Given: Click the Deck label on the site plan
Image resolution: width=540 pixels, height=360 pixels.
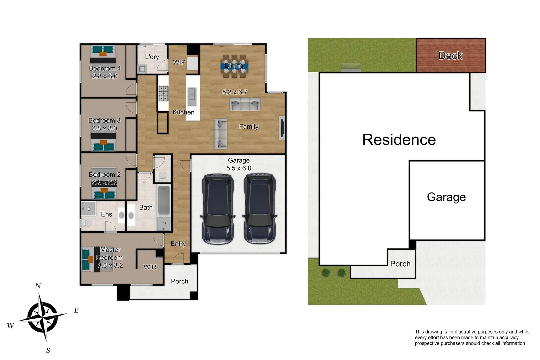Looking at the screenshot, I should pyautogui.click(x=450, y=56).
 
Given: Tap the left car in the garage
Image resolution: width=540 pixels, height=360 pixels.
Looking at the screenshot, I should pyautogui.click(x=218, y=209).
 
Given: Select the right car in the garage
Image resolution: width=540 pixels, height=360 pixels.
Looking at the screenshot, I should pyautogui.click(x=260, y=209).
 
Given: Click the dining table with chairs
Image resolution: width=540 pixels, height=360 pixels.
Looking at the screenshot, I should pyautogui.click(x=234, y=66).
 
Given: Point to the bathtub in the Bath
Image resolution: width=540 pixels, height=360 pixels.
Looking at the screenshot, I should pyautogui.click(x=164, y=200).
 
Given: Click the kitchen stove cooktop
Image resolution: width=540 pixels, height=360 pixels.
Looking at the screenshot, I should pyautogui.click(x=163, y=93).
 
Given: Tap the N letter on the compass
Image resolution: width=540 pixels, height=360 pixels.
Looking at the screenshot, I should pyautogui.click(x=38, y=286).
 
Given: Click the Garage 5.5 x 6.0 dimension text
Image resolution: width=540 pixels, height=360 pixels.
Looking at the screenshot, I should pyautogui.click(x=239, y=168).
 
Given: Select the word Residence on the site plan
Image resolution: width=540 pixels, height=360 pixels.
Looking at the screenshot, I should pyautogui.click(x=399, y=140).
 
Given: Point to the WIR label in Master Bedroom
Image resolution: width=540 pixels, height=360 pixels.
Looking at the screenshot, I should pyautogui.click(x=150, y=267).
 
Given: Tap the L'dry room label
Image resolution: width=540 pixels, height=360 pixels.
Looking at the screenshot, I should pyautogui.click(x=152, y=57).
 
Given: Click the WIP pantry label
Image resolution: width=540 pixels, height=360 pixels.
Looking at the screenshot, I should pyautogui.click(x=179, y=62).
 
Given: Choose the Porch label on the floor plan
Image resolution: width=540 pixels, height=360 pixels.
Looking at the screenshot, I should pyautogui.click(x=179, y=281).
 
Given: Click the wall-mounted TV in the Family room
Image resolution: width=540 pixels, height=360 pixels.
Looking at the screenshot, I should pyautogui.click(x=282, y=127).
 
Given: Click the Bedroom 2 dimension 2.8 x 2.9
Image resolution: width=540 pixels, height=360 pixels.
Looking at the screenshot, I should pyautogui.click(x=104, y=183).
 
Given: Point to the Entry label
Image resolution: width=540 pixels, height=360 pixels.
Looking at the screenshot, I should pyautogui.click(x=178, y=244).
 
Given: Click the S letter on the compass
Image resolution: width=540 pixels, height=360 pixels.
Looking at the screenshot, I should pyautogui.click(x=48, y=350).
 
